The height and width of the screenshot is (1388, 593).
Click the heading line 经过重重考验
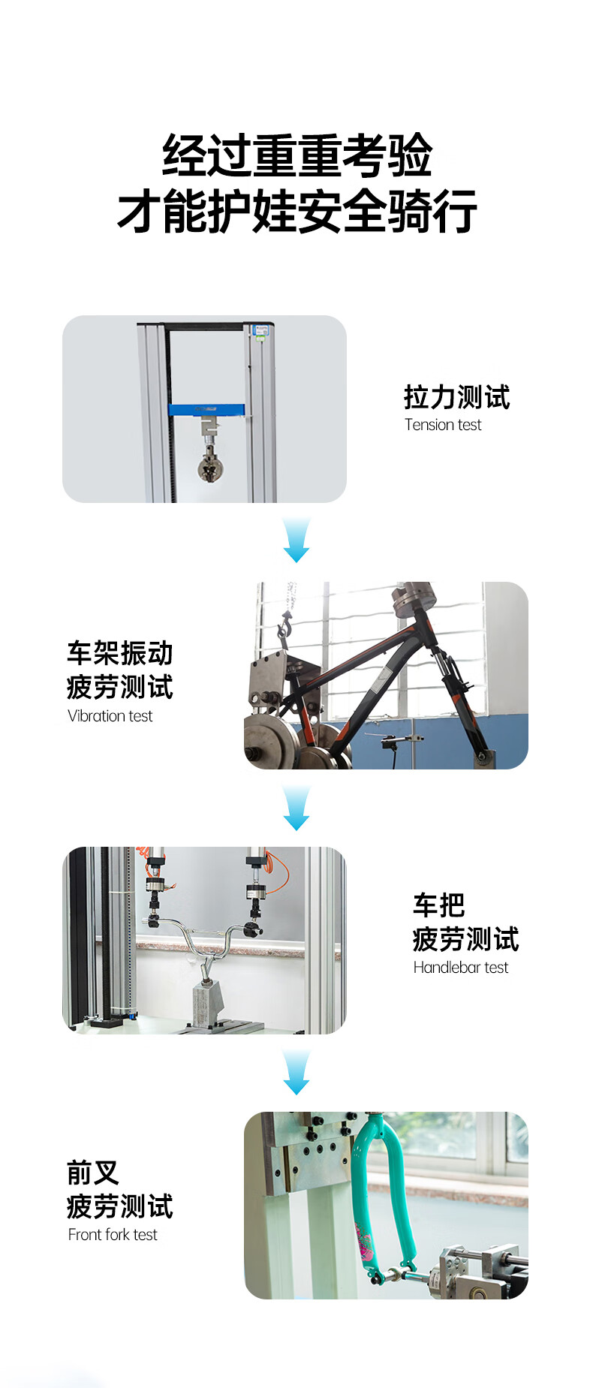[297, 156]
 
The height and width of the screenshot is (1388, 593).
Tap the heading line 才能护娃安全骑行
[297, 211]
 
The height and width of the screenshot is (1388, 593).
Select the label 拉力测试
[457, 397]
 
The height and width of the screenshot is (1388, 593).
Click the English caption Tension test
[443, 425]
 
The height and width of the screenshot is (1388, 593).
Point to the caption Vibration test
[110, 716]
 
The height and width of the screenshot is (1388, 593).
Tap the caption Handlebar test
[461, 968]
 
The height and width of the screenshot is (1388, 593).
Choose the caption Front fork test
[113, 1235]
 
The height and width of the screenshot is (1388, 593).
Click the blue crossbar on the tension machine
[206, 410]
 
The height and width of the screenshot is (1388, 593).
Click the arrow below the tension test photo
[296, 539]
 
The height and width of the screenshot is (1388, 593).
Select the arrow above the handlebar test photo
[296, 808]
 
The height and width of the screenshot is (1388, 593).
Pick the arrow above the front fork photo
[296, 1072]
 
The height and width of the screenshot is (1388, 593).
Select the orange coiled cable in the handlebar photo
[277, 872]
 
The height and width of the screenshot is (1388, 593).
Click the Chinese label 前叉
[93, 1173]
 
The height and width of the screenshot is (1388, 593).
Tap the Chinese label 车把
[439, 905]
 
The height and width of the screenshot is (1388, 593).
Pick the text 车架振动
[120, 653]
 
